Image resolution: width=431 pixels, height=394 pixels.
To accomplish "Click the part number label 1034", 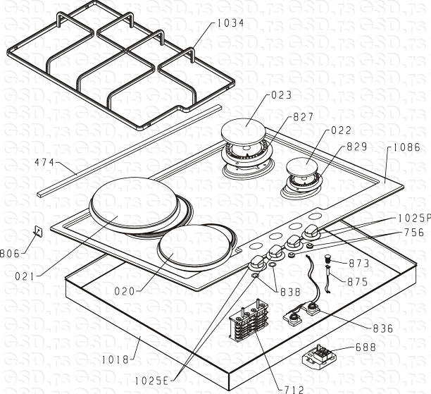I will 230,23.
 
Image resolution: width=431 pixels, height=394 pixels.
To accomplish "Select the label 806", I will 9,254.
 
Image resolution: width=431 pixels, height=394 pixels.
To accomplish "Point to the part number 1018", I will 115,359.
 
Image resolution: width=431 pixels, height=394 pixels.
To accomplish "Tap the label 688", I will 366,347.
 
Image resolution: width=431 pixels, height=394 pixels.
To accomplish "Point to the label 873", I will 358,263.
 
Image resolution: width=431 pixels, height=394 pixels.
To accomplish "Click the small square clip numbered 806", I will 37,231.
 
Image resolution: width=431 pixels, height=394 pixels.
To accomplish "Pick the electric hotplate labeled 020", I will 192,245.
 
